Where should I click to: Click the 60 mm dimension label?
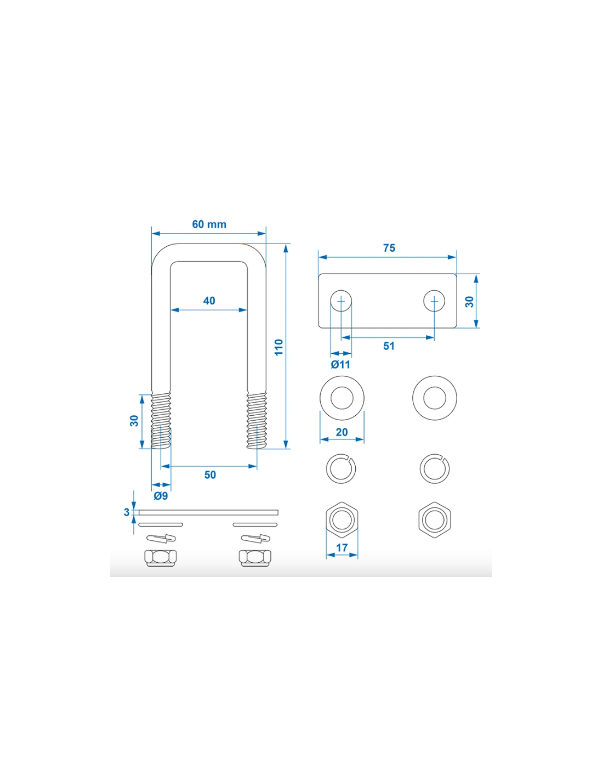pyautogui.click(x=209, y=224)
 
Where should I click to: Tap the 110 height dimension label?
pyautogui.click(x=278, y=347)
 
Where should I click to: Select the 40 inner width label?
pyautogui.click(x=209, y=301)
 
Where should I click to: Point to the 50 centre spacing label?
pyautogui.click(x=210, y=475)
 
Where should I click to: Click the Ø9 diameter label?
pyautogui.click(x=161, y=496)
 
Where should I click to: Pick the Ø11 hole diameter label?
pyautogui.click(x=340, y=365)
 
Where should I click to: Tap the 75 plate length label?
pyautogui.click(x=389, y=248)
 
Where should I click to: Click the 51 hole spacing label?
pyautogui.click(x=389, y=346)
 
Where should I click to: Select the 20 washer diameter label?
pyautogui.click(x=342, y=432)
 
